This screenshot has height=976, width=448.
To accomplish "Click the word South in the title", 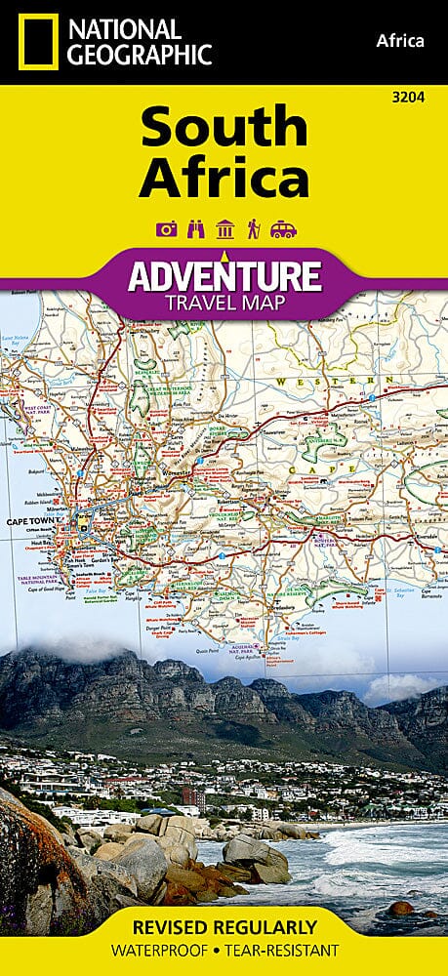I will click(224, 128).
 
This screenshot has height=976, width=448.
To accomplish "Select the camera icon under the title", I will click(165, 229).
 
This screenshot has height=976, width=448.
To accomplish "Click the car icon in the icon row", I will click(283, 229).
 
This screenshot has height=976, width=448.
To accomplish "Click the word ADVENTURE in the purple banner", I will click(224, 275).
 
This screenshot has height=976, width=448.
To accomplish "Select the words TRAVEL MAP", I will click(224, 302).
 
